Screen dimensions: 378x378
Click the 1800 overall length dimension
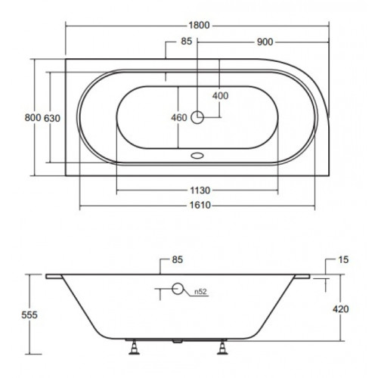click(199, 25)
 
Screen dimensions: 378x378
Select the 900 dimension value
click(265, 42)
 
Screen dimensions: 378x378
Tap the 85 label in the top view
click(187, 41)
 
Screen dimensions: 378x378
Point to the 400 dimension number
click(220, 96)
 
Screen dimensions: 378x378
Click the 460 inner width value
click(179, 118)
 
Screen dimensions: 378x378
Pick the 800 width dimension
click(33, 118)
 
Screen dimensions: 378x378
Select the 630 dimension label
click(52, 118)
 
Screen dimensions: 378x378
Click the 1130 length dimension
click(200, 191)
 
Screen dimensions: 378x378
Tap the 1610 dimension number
click(200, 205)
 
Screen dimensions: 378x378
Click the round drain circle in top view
click(197, 117)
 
